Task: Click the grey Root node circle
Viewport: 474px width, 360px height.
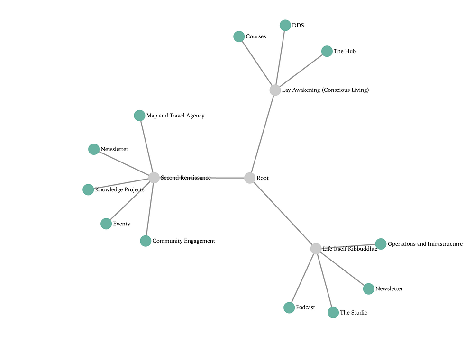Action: tap(250, 178)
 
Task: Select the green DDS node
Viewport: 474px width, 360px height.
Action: tap(285, 26)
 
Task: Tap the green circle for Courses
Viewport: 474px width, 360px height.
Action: tap(239, 36)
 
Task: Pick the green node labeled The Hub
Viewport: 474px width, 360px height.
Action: tap(327, 51)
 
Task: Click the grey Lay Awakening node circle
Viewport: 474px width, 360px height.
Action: tap(275, 90)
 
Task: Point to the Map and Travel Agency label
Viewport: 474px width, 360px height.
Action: tap(175, 116)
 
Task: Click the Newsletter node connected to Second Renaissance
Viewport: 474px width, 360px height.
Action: tap(94, 149)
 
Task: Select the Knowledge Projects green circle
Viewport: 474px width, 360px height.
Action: tap(88, 189)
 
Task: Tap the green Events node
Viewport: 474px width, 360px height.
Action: tap(106, 224)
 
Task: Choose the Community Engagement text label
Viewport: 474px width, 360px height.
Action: tap(184, 241)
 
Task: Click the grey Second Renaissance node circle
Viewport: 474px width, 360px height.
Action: tap(154, 178)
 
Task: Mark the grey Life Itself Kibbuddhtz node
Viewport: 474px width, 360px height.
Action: tap(316, 249)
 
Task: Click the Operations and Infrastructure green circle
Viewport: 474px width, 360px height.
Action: tap(381, 244)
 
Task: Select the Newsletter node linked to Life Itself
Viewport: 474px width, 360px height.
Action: tap(368, 289)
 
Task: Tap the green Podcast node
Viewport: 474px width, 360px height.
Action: tap(289, 308)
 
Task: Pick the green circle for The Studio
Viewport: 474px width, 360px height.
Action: tap(333, 313)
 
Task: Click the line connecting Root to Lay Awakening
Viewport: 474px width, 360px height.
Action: tap(263, 134)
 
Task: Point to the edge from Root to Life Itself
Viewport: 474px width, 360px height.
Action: tap(283, 214)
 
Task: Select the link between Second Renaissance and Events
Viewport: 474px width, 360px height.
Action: tap(130, 201)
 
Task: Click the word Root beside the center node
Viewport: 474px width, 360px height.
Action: tap(263, 178)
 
